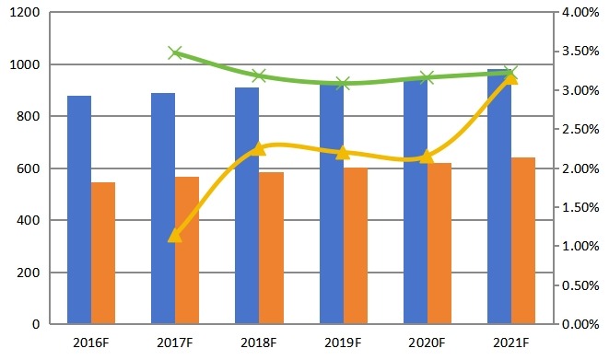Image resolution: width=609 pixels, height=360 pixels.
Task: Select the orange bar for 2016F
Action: click(x=103, y=253)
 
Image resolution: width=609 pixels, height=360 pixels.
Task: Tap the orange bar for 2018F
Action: click(x=271, y=248)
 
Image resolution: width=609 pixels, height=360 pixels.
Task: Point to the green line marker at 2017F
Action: click(x=175, y=52)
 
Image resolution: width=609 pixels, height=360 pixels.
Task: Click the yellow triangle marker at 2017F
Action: click(x=175, y=237)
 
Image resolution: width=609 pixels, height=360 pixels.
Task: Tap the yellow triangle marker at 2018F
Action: click(x=259, y=148)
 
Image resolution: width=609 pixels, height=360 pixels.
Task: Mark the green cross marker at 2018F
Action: click(x=259, y=76)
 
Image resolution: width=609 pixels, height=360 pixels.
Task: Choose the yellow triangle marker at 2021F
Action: click(x=511, y=78)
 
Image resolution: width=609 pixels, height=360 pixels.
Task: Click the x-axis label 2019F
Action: click(x=343, y=343)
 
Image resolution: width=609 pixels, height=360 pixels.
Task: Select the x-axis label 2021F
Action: click(x=511, y=343)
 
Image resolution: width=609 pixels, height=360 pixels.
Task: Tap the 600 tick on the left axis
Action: click(x=27, y=168)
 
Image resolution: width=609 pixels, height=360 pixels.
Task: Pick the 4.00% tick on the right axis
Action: click(x=580, y=13)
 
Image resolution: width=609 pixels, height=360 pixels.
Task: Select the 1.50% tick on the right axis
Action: click(x=580, y=207)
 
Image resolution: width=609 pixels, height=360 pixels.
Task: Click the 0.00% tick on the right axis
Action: click(x=580, y=324)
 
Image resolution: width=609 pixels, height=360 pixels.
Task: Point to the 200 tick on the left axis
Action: click(x=27, y=273)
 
